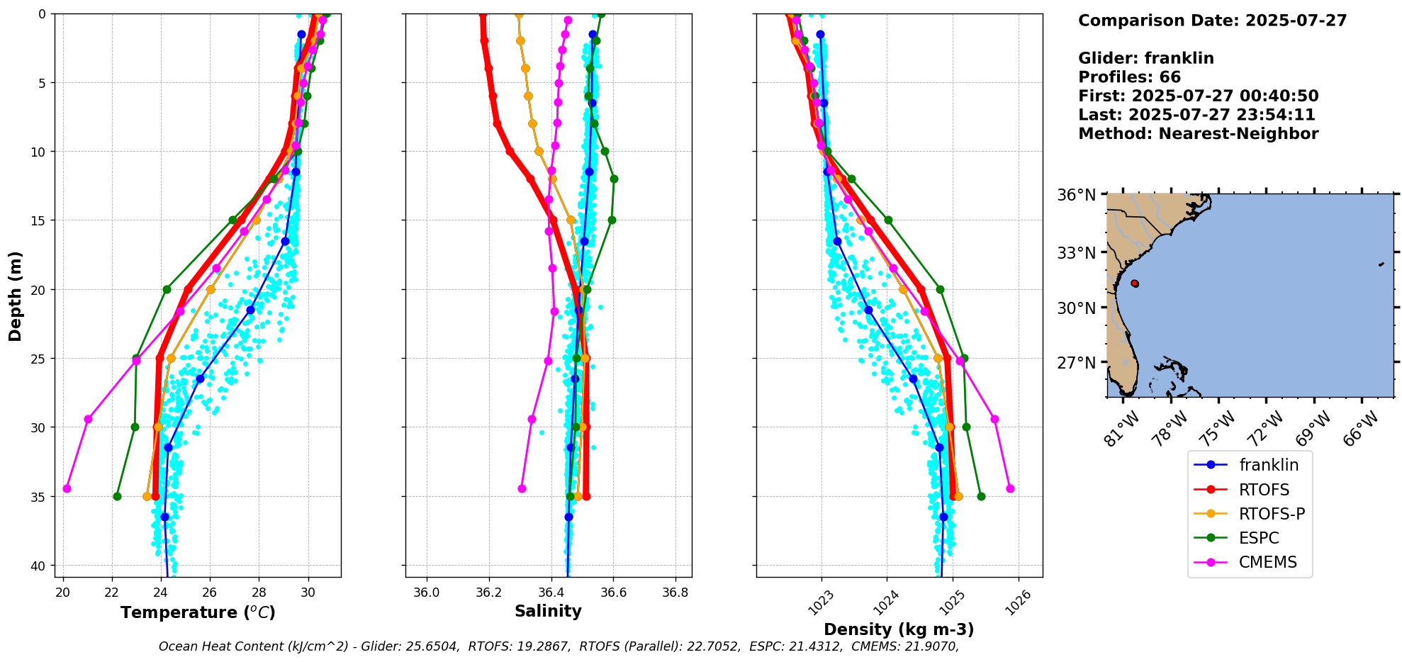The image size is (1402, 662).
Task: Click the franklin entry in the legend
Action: click(1268, 465)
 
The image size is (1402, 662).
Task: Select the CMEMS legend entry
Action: click(1267, 562)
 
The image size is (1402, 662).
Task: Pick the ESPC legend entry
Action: click(1259, 538)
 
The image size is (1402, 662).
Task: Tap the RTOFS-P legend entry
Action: click(1272, 514)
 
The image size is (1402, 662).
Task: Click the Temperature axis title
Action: click(198, 612)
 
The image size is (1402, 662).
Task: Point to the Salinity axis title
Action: click(548, 611)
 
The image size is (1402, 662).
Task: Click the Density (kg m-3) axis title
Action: click(899, 629)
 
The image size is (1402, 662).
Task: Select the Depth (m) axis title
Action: click(16, 296)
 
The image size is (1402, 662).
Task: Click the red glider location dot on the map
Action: click(1135, 284)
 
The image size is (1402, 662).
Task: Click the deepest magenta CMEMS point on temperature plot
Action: click(67, 488)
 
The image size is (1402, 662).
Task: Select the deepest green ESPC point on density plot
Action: click(981, 496)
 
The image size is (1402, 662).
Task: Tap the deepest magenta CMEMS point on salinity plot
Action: click(522, 488)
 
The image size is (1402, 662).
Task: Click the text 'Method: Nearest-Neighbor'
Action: click(1198, 134)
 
